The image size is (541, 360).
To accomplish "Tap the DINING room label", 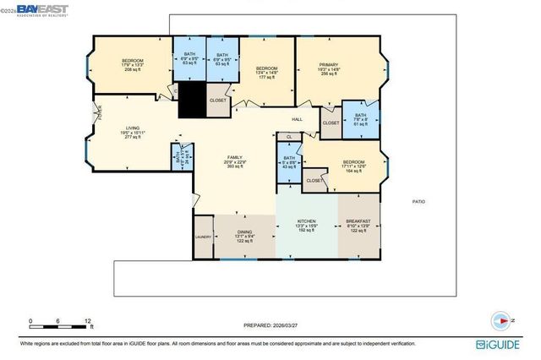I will click(243, 235).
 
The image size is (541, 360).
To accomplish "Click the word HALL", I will click(298, 119).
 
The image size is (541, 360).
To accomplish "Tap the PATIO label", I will click(418, 201).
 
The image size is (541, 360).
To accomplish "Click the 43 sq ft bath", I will click(288, 162).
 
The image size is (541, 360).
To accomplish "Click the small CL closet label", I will click(289, 136).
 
